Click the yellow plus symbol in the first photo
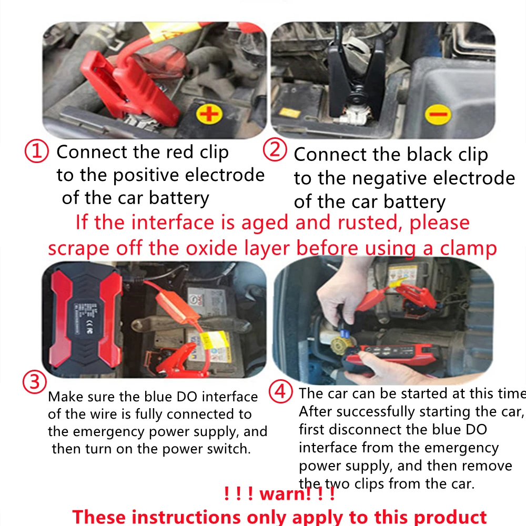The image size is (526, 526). pos(209,114)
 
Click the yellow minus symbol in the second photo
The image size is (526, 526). pos(438,114)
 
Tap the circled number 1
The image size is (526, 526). pos(37,151)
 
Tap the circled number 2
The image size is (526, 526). pos(275,149)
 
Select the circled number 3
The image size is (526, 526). pos(35,382)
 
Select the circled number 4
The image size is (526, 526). pos(280,392)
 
